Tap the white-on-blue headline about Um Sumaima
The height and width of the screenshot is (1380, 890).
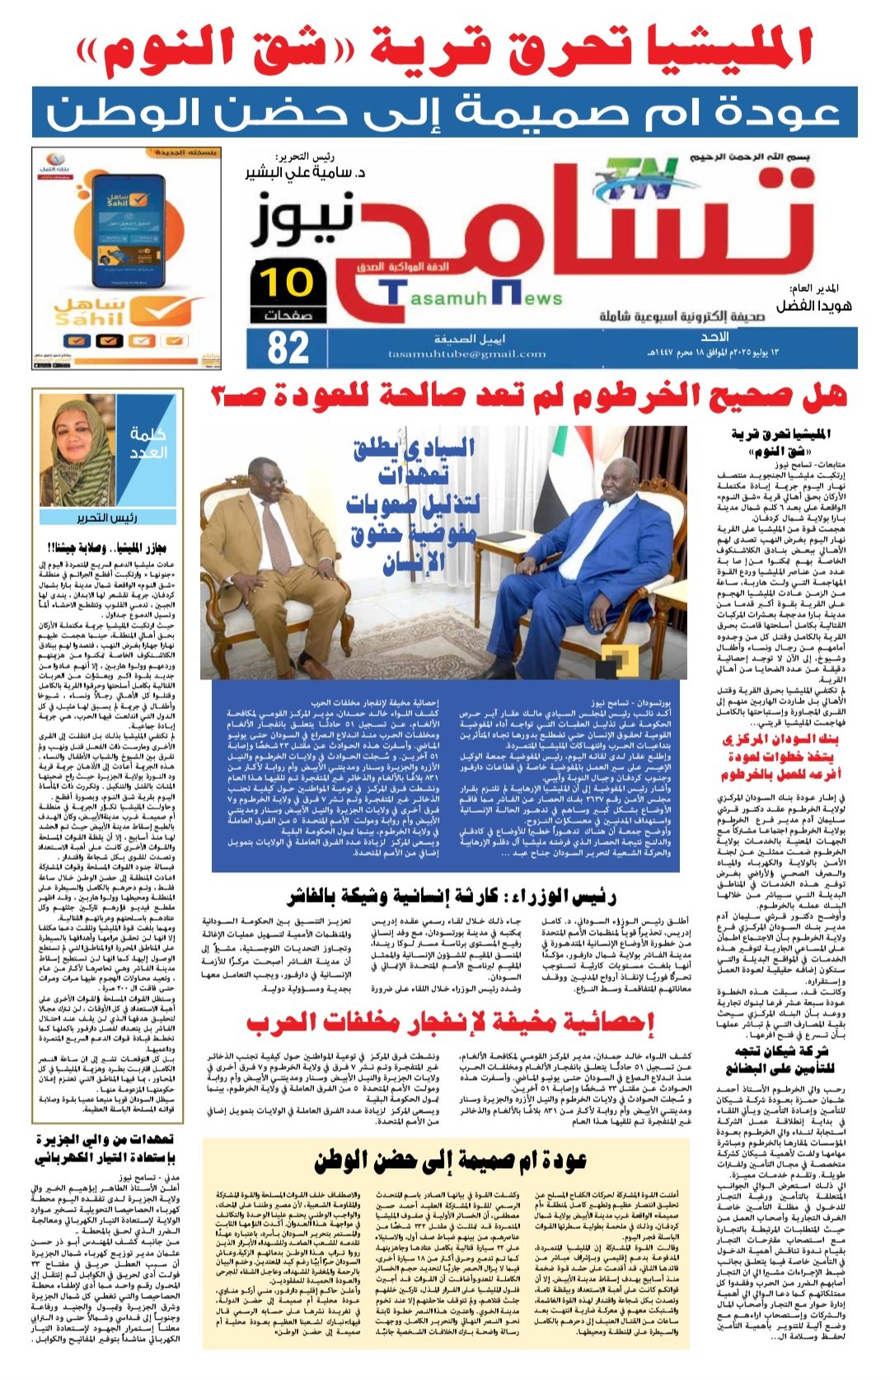click(x=444, y=112)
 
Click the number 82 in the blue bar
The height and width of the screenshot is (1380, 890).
click(x=288, y=347)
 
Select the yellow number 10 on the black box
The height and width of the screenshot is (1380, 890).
click(x=288, y=282)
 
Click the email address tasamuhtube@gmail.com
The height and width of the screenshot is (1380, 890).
click(x=466, y=354)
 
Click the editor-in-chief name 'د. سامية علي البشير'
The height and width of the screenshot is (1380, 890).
click(x=305, y=174)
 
